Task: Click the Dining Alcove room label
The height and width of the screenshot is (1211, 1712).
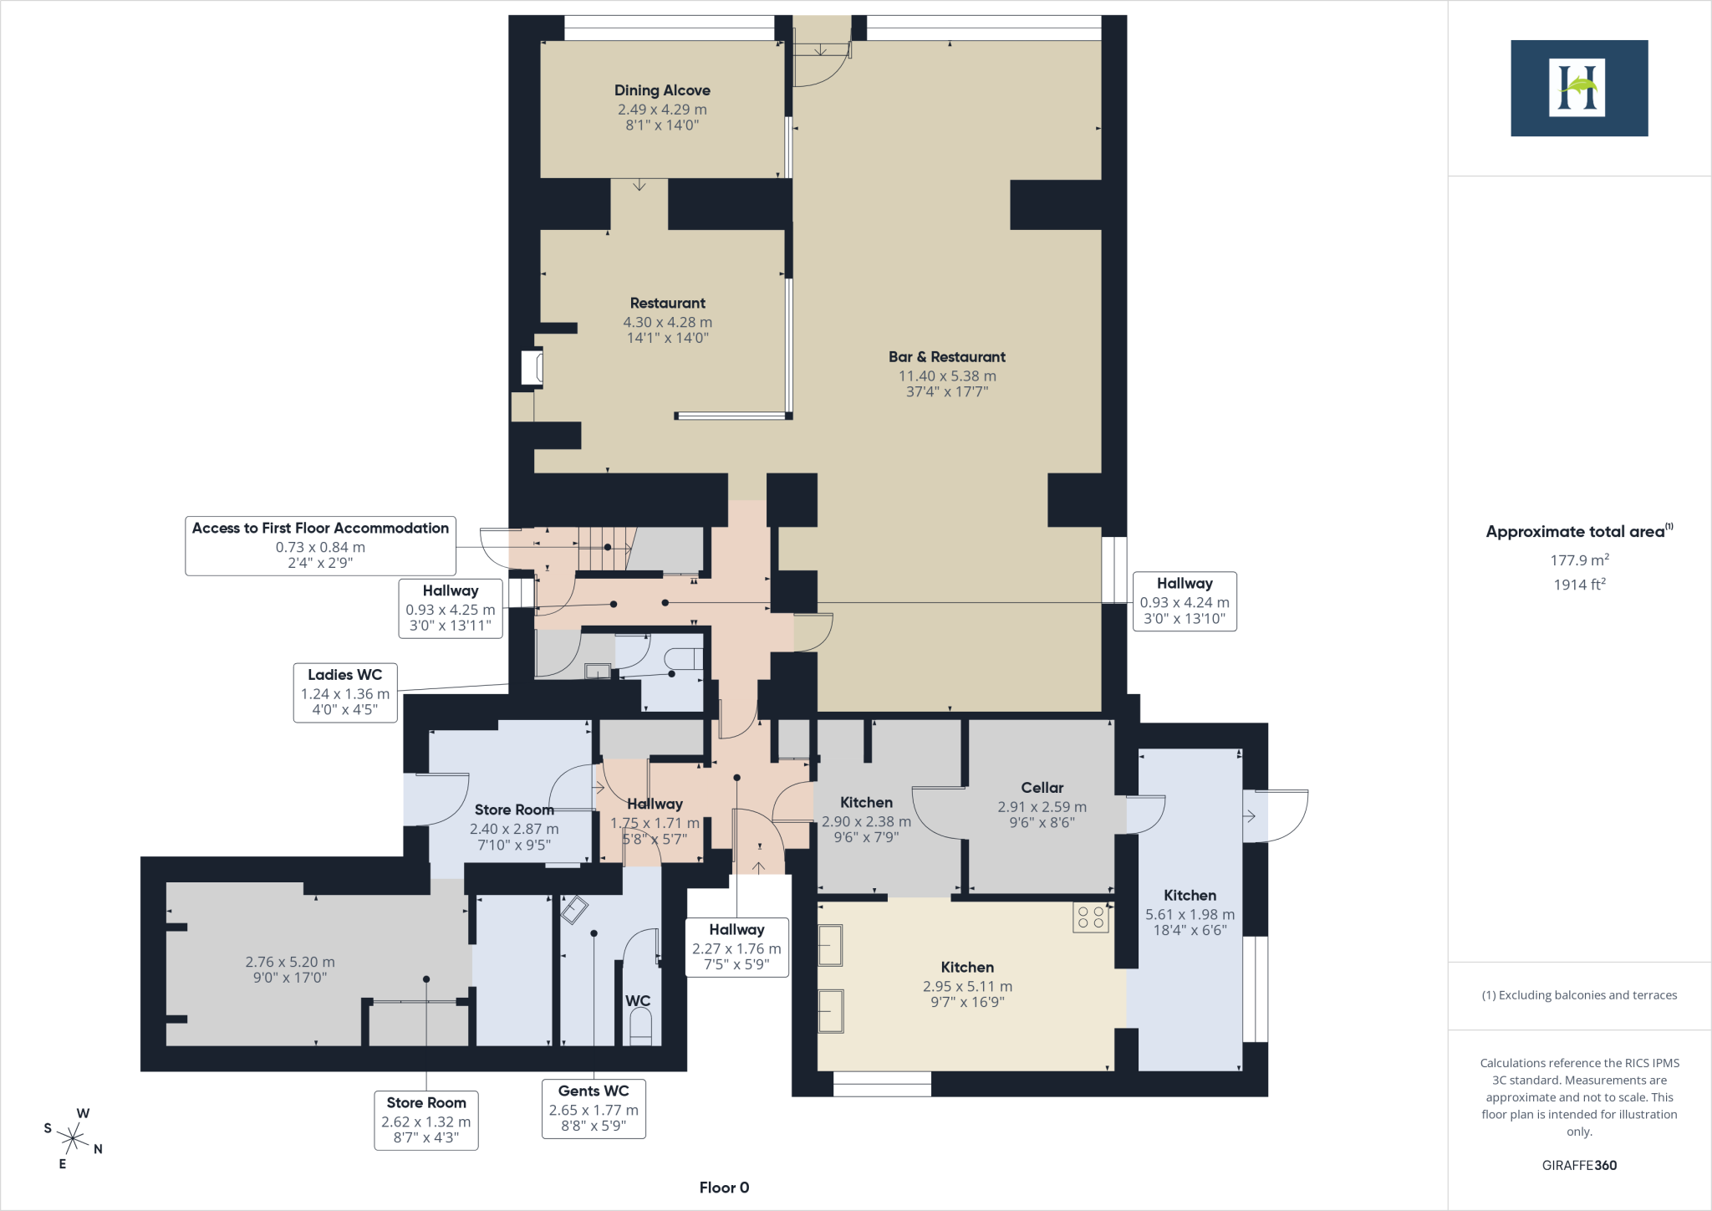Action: pos(662,90)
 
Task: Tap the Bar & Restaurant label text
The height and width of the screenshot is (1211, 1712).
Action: pos(946,356)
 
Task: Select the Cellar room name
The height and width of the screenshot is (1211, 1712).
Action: pos(1042,788)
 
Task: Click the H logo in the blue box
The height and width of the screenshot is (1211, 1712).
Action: pos(1578,88)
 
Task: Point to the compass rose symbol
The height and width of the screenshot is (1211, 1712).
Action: pos(74,1138)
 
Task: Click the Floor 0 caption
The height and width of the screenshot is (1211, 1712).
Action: pos(724,1188)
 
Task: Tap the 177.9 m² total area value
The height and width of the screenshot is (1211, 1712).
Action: pos(1579,560)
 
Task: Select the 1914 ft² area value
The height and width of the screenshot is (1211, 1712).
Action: pos(1579,585)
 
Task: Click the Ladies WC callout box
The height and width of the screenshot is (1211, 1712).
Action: pos(344,692)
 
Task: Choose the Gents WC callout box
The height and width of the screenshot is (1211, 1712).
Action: pos(594,1109)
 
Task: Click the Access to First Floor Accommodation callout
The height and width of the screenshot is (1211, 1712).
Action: pos(320,545)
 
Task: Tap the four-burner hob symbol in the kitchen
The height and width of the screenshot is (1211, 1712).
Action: pos(1091,917)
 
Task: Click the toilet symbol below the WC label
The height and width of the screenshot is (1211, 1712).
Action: pos(639,1027)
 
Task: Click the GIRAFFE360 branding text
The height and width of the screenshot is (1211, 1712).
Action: pos(1579,1165)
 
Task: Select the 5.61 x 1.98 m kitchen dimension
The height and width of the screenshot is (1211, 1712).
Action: pos(1190,915)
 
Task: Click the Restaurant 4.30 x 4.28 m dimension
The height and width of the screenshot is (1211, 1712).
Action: pos(667,322)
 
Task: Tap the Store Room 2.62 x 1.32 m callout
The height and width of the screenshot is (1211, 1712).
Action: pos(425,1121)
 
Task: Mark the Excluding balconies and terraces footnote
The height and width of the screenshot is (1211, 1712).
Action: pos(1579,995)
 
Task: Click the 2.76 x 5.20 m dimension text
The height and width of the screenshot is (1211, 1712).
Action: pos(290,962)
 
